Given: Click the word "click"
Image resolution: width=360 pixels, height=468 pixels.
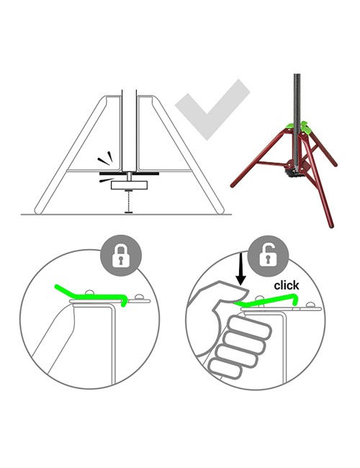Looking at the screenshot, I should click(x=287, y=285).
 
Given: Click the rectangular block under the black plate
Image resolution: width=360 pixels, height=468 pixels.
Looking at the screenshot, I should click(x=130, y=185).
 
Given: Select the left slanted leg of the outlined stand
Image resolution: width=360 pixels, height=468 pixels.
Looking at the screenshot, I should click(x=68, y=155).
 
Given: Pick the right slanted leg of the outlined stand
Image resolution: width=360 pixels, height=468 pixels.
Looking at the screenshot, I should click(x=194, y=155).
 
